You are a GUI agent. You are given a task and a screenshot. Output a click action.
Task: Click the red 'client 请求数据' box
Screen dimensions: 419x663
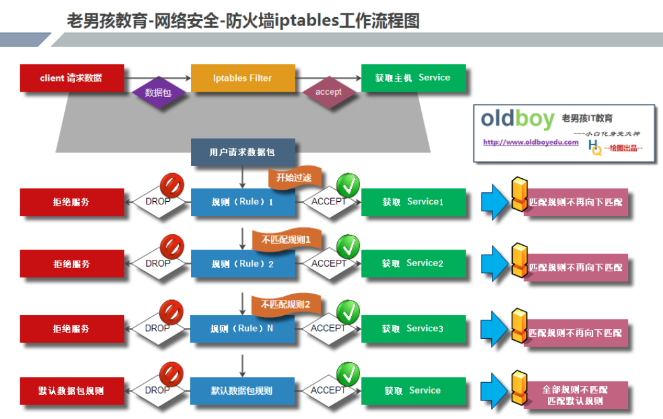[71, 78]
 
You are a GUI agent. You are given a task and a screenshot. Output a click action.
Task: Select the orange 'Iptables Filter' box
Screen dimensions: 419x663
[242, 78]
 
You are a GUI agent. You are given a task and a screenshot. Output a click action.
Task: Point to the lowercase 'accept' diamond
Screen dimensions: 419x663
[328, 92]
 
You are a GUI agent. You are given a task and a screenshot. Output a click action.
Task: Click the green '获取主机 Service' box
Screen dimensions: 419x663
[413, 78]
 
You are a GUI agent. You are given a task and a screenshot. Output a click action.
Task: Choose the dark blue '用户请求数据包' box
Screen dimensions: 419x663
[242, 153]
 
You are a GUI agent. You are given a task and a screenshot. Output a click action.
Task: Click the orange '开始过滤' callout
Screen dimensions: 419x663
[294, 178]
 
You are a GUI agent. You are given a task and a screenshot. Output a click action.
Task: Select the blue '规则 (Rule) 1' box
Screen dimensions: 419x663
[242, 202]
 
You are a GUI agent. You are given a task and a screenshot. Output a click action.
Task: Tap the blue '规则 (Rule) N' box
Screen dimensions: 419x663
[242, 329]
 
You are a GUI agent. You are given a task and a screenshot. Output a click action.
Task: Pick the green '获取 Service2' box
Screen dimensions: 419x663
[413, 263]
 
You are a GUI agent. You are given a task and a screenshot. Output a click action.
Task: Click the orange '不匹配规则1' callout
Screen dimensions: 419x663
[286, 240]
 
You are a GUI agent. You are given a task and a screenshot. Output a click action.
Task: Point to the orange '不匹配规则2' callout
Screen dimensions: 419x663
[286, 304]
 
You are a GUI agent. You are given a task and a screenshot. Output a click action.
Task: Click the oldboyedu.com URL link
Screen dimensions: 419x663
[531, 142]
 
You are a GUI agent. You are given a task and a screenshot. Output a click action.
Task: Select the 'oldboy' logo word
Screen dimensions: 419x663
[517, 118]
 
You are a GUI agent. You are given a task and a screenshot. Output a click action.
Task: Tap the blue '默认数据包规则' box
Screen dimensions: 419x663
[242, 390]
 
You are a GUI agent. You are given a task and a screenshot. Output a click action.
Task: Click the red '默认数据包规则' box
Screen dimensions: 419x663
[71, 390]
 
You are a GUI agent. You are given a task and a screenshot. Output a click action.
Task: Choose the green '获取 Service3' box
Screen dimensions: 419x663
[413, 329]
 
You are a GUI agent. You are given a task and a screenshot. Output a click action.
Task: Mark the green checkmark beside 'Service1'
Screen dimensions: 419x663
[348, 185]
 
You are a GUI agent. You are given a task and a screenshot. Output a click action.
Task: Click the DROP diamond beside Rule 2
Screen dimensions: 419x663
[158, 263]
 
